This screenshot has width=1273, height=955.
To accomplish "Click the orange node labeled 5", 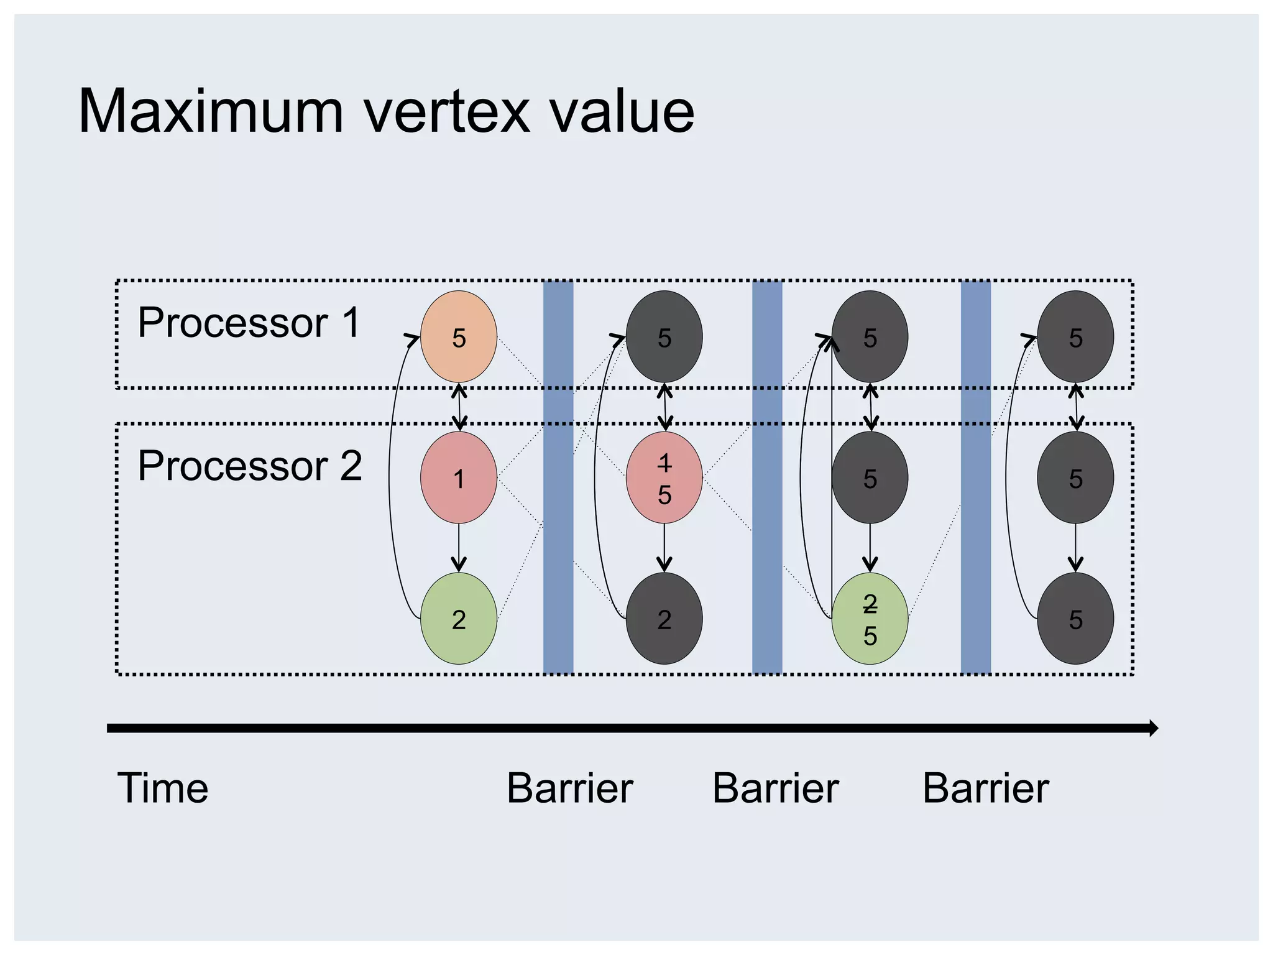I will click(459, 336).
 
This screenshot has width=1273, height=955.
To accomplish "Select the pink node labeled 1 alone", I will click(459, 477).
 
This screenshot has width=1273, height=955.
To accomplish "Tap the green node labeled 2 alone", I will click(459, 619).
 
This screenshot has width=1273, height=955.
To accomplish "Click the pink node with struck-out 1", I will click(664, 477).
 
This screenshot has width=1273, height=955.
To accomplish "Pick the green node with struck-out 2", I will click(870, 619).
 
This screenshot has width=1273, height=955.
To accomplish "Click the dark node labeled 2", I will click(664, 619).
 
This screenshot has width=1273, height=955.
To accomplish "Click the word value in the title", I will click(622, 112).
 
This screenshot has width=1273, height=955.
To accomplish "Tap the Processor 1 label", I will click(249, 323).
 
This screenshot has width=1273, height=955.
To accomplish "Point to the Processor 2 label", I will click(249, 466).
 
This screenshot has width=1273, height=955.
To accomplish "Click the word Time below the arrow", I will click(163, 788).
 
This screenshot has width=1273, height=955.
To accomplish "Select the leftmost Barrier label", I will click(569, 788).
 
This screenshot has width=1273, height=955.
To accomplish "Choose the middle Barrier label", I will click(775, 788).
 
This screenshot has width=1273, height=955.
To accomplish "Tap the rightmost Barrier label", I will click(985, 788).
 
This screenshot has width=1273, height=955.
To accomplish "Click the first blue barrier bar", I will click(558, 477).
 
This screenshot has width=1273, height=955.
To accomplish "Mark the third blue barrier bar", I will click(976, 477).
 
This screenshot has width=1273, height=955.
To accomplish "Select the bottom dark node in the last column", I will click(1075, 619).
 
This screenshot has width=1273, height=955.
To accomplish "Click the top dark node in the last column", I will click(1075, 336).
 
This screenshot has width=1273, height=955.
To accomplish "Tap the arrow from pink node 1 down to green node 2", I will click(459, 547).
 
